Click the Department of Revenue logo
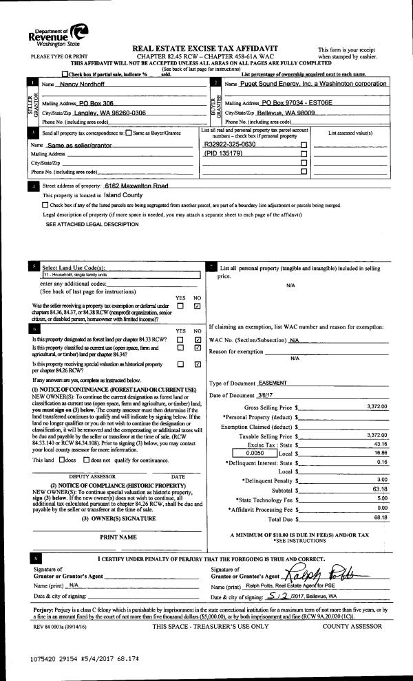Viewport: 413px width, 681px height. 59,32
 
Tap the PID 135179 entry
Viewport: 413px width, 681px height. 224,154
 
